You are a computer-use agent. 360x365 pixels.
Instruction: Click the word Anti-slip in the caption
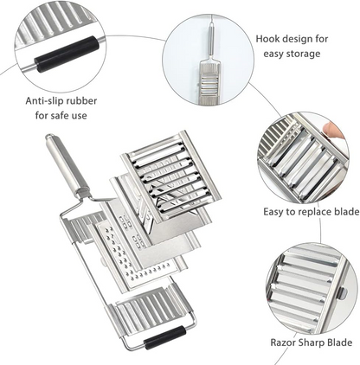[x=46, y=99]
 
